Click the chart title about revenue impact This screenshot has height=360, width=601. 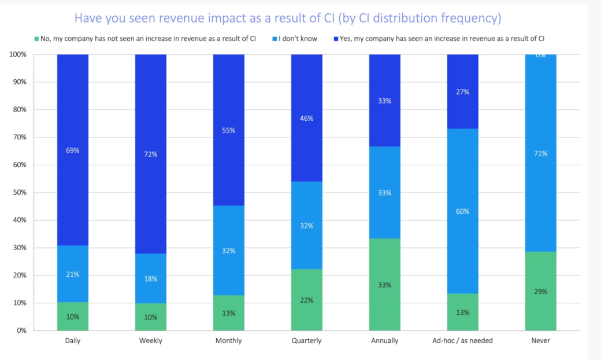(287, 18)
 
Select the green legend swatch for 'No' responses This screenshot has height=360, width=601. (36, 39)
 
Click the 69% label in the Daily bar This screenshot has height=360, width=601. (73, 150)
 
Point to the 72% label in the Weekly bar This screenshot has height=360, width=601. (151, 154)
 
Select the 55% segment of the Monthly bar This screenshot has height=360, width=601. (229, 131)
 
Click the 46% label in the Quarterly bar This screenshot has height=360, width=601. (306, 118)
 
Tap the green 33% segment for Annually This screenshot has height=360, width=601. (385, 284)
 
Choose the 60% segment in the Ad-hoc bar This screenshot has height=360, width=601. (463, 211)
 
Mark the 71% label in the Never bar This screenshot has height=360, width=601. (541, 153)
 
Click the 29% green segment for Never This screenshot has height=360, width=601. (541, 291)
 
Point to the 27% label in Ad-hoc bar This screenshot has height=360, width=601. (463, 92)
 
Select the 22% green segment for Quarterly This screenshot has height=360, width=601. (306, 300)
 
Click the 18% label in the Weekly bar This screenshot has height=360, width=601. (151, 279)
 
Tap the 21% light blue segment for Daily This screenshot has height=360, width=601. (73, 274)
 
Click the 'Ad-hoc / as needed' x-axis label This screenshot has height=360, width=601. (463, 341)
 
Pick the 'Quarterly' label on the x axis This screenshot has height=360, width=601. (306, 341)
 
